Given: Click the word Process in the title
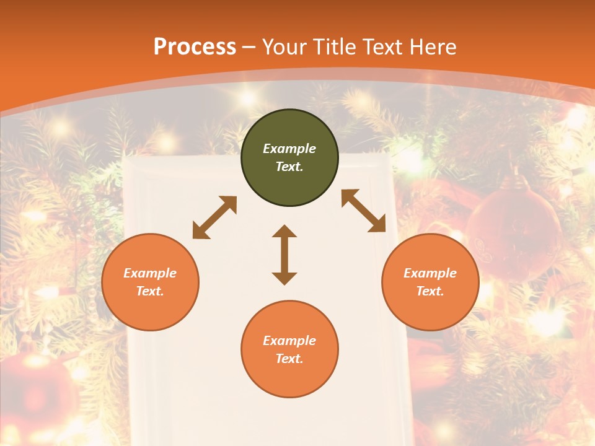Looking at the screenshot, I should tap(195, 46).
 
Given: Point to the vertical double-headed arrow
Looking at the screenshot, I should tap(284, 255).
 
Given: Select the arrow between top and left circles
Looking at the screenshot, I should tap(214, 217).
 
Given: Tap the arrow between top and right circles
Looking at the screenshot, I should tap(364, 211).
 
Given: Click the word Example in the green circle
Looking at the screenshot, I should tap(289, 149).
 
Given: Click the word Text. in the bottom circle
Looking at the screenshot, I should tap(289, 359).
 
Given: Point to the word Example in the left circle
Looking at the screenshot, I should tap(150, 273).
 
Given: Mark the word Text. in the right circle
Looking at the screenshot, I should tap(430, 291).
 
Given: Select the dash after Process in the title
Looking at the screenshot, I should tap(249, 47).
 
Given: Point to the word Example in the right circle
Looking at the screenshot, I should tap(430, 273).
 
